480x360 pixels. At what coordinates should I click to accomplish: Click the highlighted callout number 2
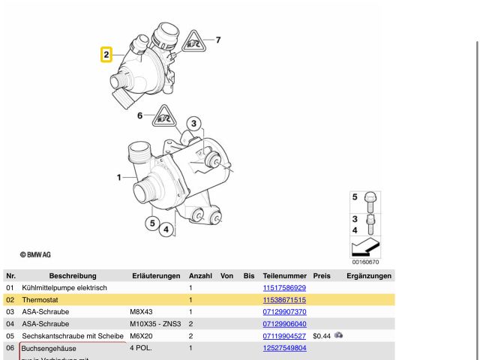(106, 55)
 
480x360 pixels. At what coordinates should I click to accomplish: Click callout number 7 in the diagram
(218, 39)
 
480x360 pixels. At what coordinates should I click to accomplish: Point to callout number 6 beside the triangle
(139, 115)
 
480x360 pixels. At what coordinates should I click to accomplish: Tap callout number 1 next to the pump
(119, 178)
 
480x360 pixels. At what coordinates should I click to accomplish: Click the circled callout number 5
(152, 223)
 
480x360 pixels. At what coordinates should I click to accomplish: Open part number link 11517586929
(284, 288)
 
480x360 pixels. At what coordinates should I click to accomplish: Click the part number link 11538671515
(284, 300)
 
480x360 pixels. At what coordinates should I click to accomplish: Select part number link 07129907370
(284, 312)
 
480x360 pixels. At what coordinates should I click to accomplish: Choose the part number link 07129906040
(284, 324)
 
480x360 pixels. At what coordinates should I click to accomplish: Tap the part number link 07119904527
(284, 336)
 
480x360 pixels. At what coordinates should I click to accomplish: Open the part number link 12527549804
(284, 348)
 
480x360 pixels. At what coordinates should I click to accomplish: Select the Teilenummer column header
(284, 276)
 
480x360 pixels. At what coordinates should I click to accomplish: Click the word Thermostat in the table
(40, 300)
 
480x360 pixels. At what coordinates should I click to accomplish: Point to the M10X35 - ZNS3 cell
(154, 324)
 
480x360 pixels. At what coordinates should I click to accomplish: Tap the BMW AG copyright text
(36, 255)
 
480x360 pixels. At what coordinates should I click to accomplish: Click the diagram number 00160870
(366, 262)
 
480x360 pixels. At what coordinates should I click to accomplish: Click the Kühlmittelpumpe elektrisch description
(64, 288)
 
